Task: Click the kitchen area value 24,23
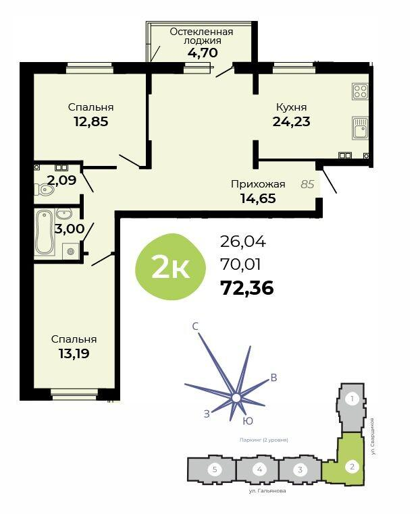point(292,121)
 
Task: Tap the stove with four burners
point(360,92)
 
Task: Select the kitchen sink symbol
point(361,128)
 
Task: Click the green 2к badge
point(170,267)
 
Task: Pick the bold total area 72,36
point(247,288)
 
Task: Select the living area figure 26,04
point(243,242)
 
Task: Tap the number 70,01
point(241,264)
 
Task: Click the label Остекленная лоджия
point(201,36)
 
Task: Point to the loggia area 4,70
point(203,53)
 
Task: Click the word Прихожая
point(258,184)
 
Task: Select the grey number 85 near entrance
point(307,184)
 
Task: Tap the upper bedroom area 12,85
point(91,121)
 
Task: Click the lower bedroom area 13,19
point(74,353)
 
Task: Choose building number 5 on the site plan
point(215,469)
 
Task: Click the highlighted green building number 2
point(352,466)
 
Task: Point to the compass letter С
point(195,326)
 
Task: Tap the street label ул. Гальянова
point(267,490)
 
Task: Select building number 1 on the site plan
point(352,399)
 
